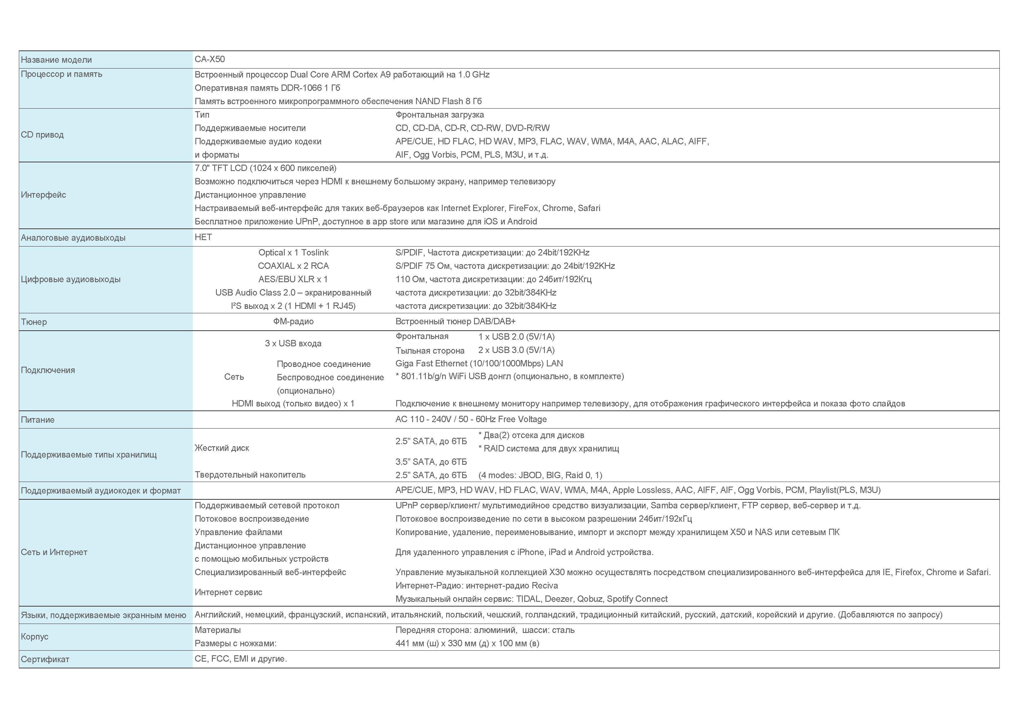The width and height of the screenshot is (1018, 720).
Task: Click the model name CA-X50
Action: [210, 60]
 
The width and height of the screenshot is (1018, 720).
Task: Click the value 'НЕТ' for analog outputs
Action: [203, 237]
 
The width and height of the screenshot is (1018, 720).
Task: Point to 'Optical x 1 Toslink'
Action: [293, 253]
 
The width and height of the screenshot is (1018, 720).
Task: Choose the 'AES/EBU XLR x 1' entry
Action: [293, 279]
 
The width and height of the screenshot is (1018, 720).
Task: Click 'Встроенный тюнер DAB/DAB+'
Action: [455, 321]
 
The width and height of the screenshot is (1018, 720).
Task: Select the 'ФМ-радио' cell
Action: [293, 321]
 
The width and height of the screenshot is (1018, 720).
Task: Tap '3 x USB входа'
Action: [293, 343]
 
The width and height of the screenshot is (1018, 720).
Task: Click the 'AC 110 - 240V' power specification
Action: [471, 420]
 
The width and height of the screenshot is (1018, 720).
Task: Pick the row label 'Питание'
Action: [38, 420]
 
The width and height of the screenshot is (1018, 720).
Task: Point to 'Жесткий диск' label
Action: [222, 448]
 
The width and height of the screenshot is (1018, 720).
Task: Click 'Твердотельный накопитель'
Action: [250, 475]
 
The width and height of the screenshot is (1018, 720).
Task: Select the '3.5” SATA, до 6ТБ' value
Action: [431, 462]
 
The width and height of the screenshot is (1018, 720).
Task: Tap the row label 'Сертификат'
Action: [45, 660]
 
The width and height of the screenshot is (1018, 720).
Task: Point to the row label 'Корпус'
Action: [35, 637]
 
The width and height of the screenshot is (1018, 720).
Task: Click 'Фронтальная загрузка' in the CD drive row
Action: [439, 115]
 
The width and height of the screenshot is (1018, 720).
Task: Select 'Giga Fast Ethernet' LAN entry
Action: [479, 363]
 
